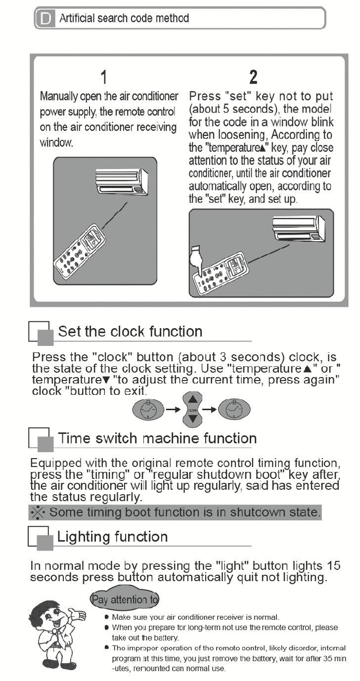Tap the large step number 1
pyautogui.click(x=104, y=77)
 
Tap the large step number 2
pyautogui.click(x=253, y=77)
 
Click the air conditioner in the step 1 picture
pyautogui.click(x=122, y=181)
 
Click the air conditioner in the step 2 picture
pyautogui.click(x=299, y=228)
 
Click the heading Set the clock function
pyautogui.click(x=130, y=332)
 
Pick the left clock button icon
pyautogui.click(x=148, y=410)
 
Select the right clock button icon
pyautogui.click(x=234, y=410)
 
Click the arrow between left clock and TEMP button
pyautogui.click(x=173, y=410)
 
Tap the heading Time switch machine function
pyautogui.click(x=157, y=438)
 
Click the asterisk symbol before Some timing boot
pyautogui.click(x=38, y=512)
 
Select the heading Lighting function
pyautogui.click(x=112, y=537)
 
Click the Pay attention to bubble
pyautogui.click(x=125, y=600)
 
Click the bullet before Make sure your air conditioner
pyautogui.click(x=106, y=617)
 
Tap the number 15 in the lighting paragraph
pyautogui.click(x=333, y=566)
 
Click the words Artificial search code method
pyautogui.click(x=124, y=18)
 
